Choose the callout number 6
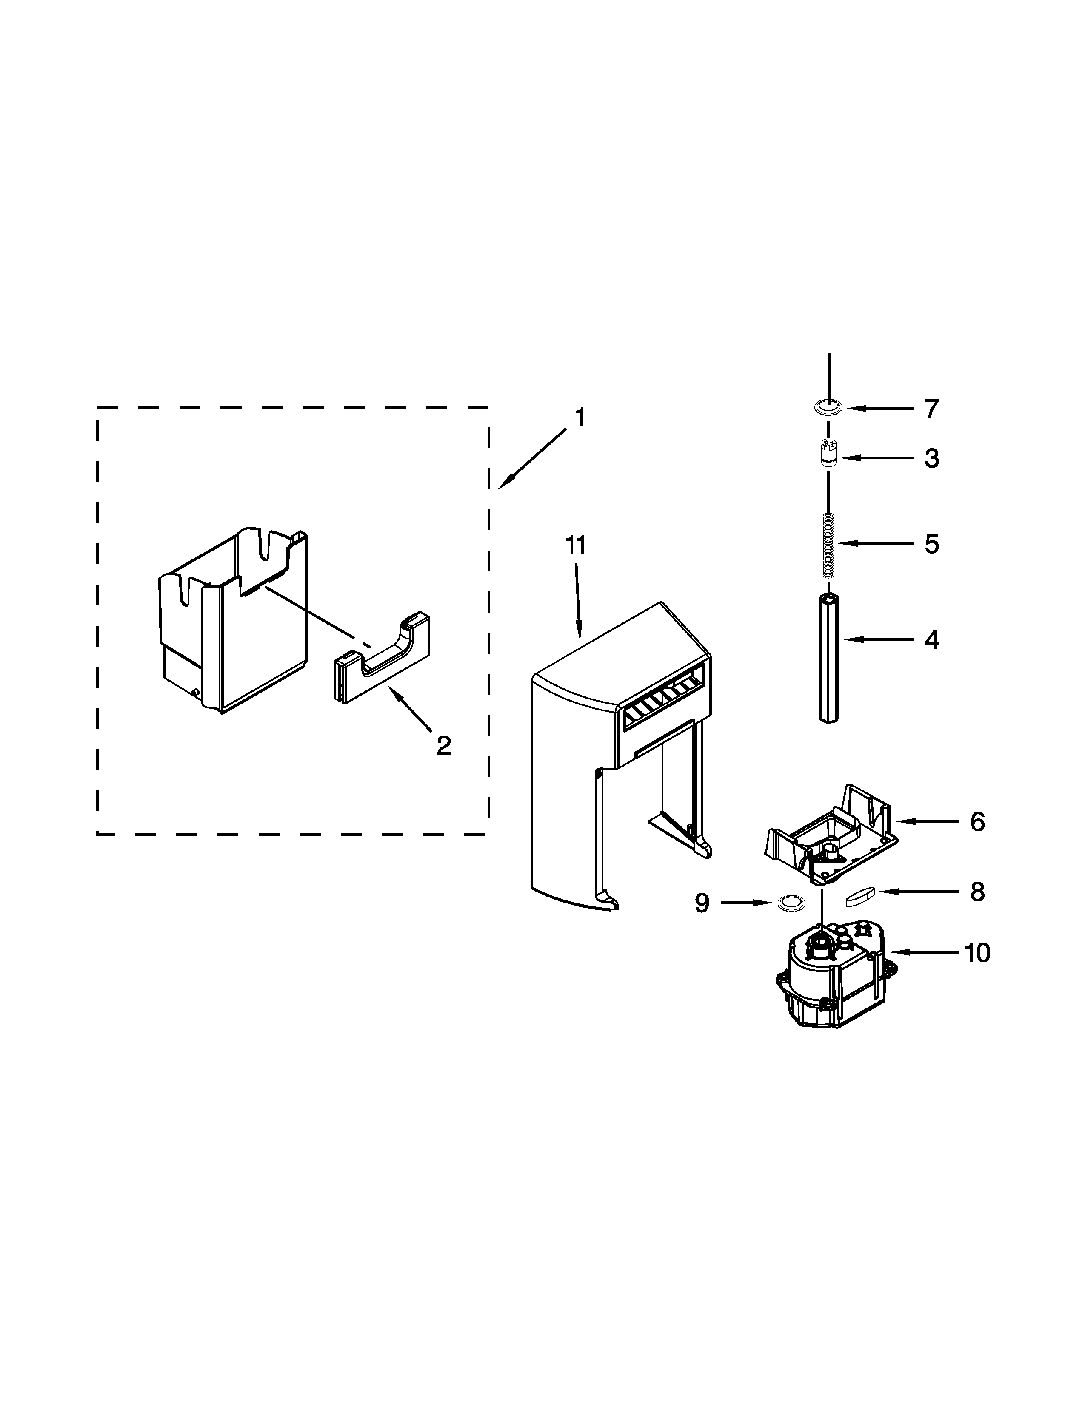point(977,822)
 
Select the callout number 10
point(977,953)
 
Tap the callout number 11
point(575,545)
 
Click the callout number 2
point(443,745)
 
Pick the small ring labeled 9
point(791,903)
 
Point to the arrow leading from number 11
point(577,601)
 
